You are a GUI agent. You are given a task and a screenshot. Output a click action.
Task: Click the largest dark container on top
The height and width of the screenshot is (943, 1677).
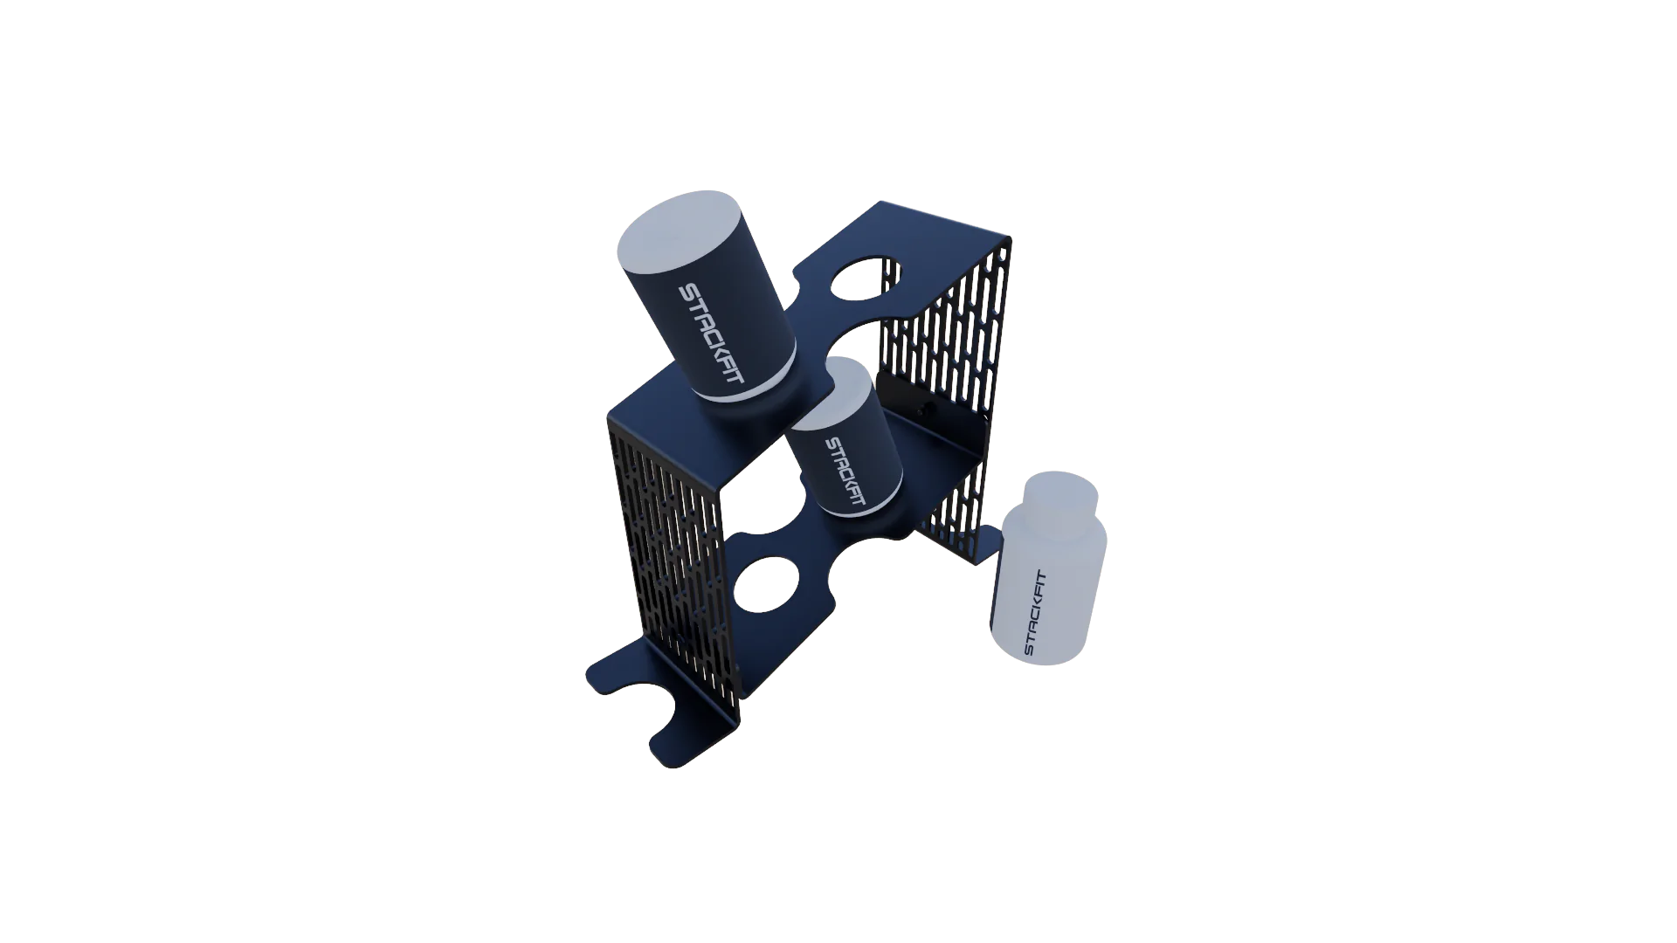pyautogui.click(x=707, y=306)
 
